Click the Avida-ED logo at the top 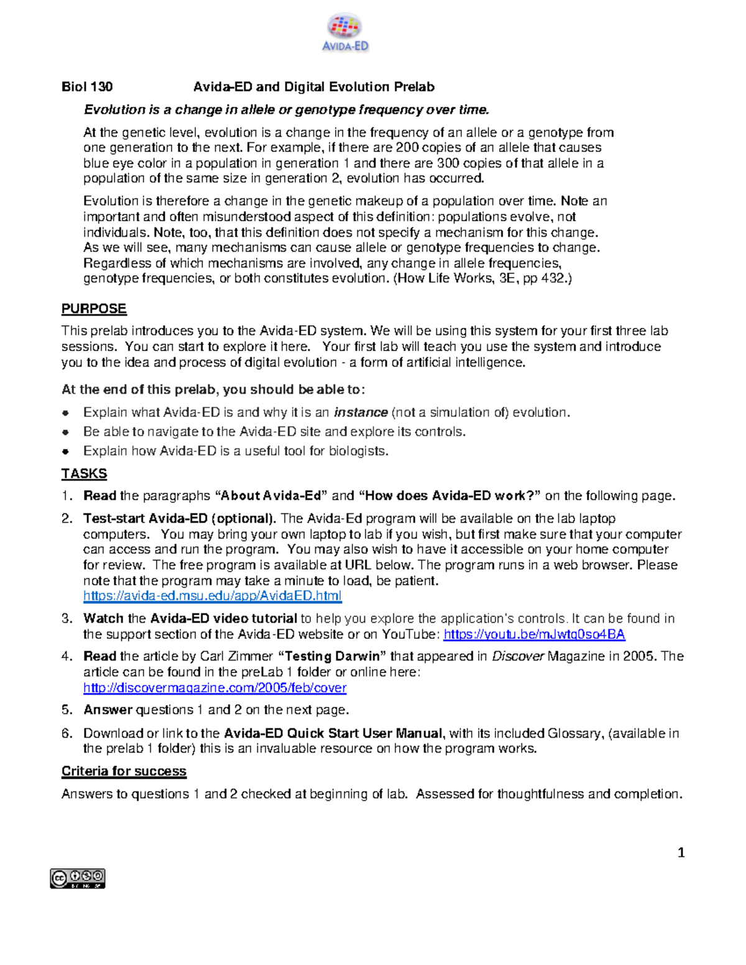coord(345,33)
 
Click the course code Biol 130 coord(86,87)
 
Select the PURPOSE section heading coord(94,309)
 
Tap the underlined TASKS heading coord(84,473)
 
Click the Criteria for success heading coord(124,771)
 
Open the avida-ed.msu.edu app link coord(212,596)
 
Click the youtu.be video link coord(534,634)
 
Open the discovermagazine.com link coord(214,688)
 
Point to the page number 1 coord(681,853)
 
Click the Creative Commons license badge coord(78,879)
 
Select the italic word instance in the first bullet coord(361,413)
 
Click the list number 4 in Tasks coord(67,657)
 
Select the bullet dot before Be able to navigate coord(65,432)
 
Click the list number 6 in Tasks coord(67,733)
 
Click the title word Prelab coord(413,87)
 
